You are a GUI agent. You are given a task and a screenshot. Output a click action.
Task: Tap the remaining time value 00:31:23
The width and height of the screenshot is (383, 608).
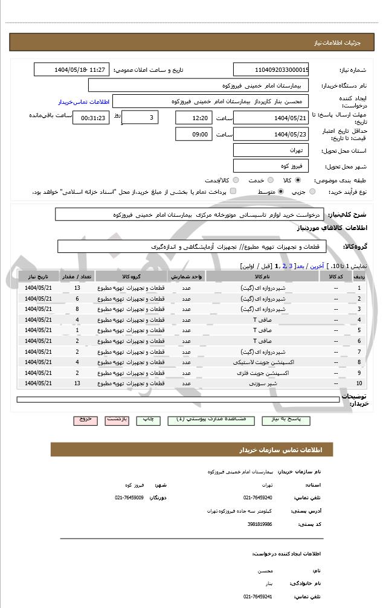(x=91, y=118)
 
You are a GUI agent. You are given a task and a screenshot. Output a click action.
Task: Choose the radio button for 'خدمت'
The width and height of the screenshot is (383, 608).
(x=269, y=180)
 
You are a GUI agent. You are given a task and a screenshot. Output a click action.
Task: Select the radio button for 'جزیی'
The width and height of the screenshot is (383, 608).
(x=312, y=191)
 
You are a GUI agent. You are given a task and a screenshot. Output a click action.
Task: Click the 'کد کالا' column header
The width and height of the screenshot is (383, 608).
(x=335, y=276)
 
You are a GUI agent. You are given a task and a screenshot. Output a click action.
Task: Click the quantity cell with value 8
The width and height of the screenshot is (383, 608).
(x=77, y=309)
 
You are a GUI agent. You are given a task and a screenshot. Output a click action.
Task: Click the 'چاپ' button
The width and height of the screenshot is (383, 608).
(x=149, y=419)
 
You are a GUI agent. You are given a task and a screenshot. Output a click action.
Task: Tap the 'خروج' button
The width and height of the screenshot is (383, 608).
(x=85, y=419)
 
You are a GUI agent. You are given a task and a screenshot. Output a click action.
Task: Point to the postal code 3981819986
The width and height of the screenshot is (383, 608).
(x=259, y=524)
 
